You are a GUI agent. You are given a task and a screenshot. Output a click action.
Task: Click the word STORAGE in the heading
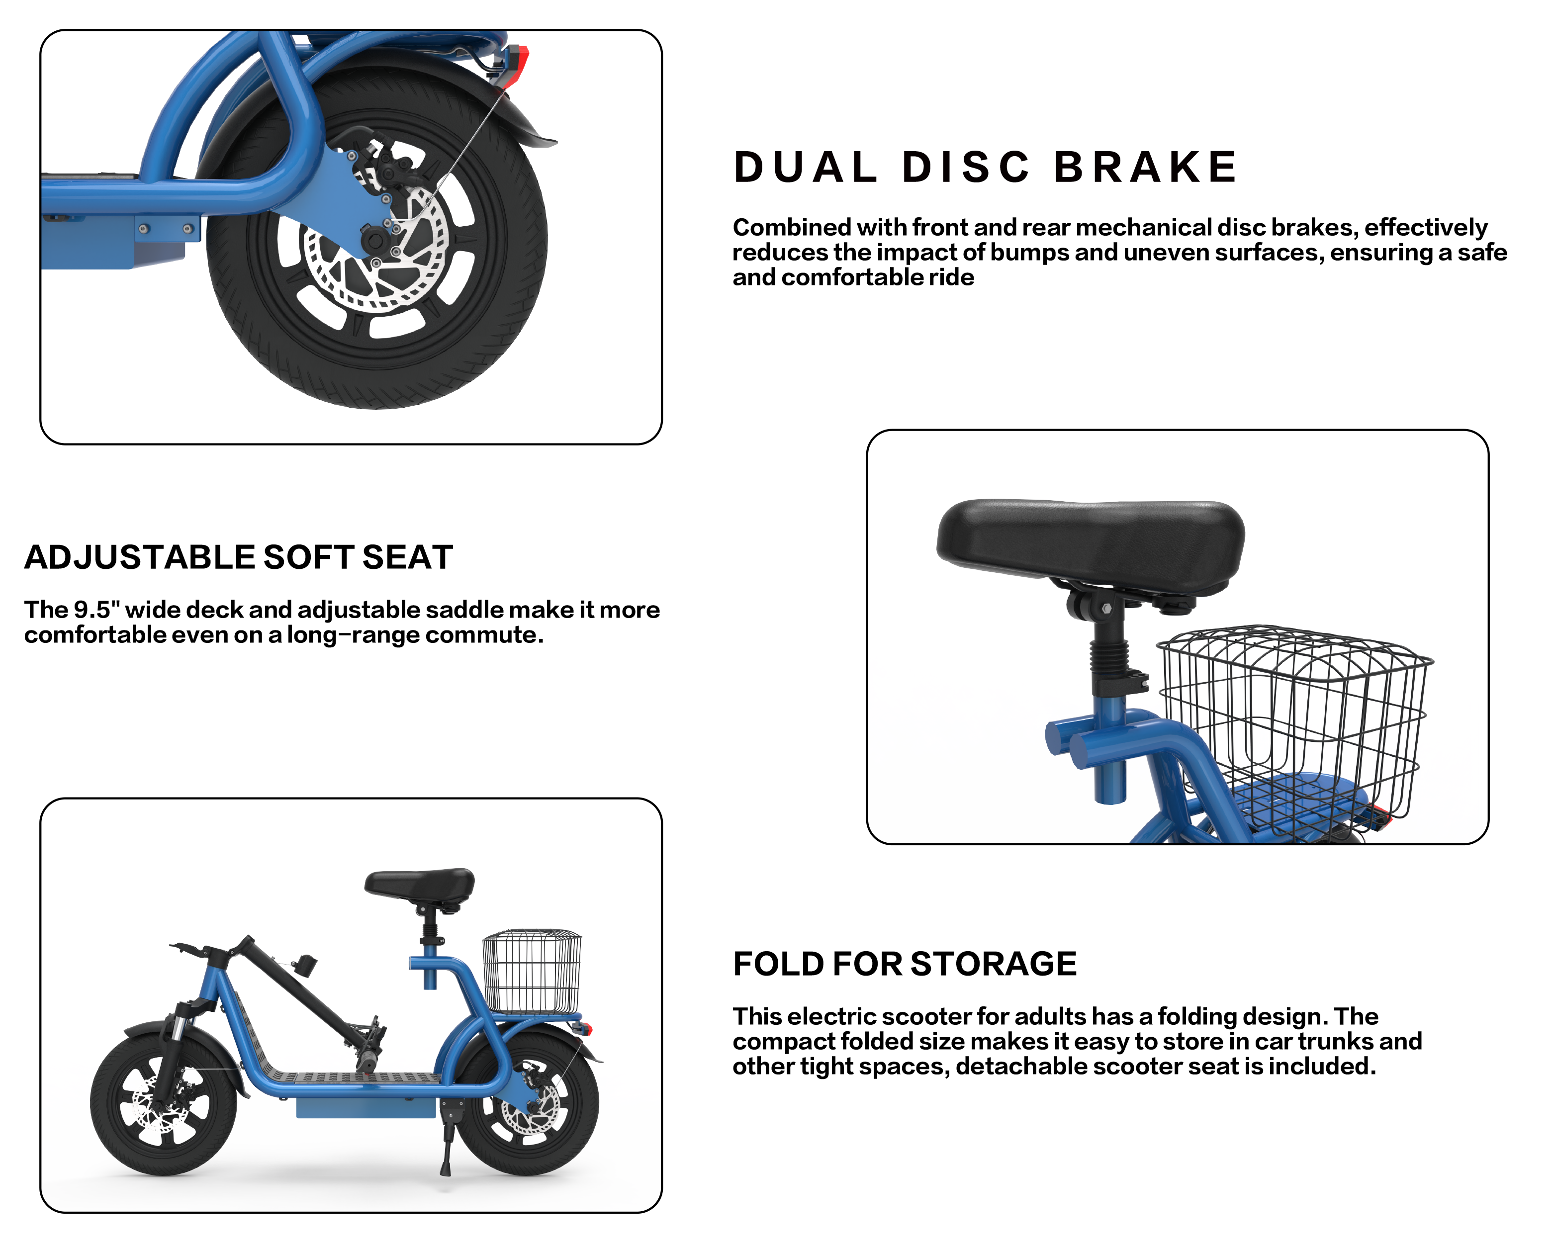pyautogui.click(x=994, y=965)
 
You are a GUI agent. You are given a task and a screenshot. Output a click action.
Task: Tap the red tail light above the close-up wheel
pyautogui.click(x=519, y=65)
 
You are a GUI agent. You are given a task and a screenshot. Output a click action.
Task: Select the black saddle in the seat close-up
pyautogui.click(x=1091, y=540)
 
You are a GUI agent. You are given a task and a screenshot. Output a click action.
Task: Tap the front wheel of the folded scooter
pyautogui.click(x=164, y=1105)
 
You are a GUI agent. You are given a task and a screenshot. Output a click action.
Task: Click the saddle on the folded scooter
pyautogui.click(x=420, y=885)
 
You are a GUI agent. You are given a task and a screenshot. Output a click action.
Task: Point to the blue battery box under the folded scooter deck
pyautogui.click(x=366, y=1107)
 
